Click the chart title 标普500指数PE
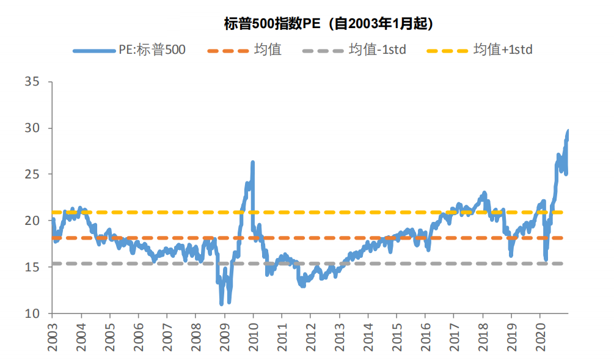pos(329,24)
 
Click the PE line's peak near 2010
pos(252,163)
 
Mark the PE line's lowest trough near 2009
pos(222,303)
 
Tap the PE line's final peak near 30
pos(568,131)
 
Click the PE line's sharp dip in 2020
pos(546,259)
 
